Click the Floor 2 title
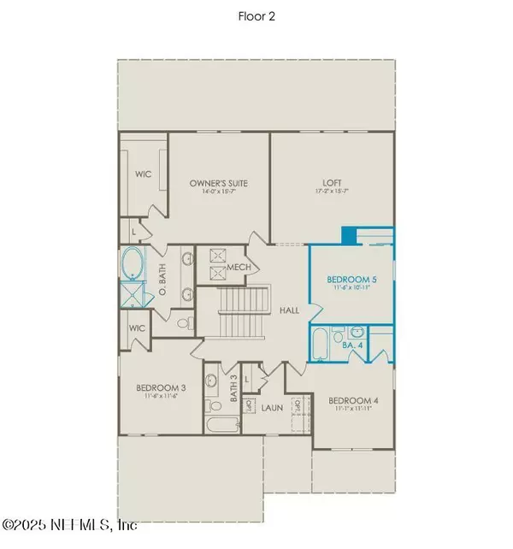256,16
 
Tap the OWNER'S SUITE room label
218,182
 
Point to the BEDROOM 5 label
351,280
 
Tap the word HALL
289,310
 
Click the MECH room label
239,269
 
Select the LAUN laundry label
272,409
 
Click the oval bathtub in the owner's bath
133,264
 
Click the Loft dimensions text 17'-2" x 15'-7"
333,192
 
